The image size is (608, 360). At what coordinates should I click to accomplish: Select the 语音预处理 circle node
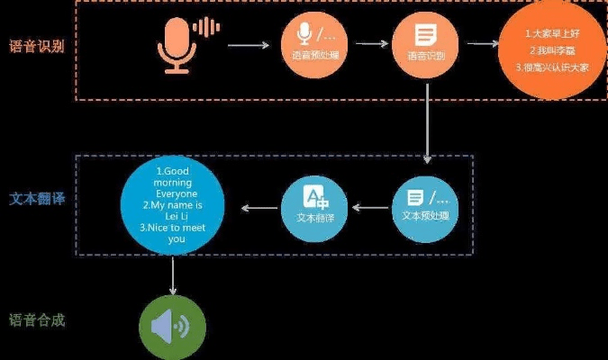click(310, 42)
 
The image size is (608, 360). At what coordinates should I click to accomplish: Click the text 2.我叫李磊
click(550, 50)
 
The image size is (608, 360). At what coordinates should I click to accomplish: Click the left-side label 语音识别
click(35, 45)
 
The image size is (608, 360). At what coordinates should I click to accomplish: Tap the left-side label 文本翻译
click(34, 197)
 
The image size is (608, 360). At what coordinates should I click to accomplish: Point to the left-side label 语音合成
click(35, 319)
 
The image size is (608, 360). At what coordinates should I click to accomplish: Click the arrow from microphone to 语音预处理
click(248, 44)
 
